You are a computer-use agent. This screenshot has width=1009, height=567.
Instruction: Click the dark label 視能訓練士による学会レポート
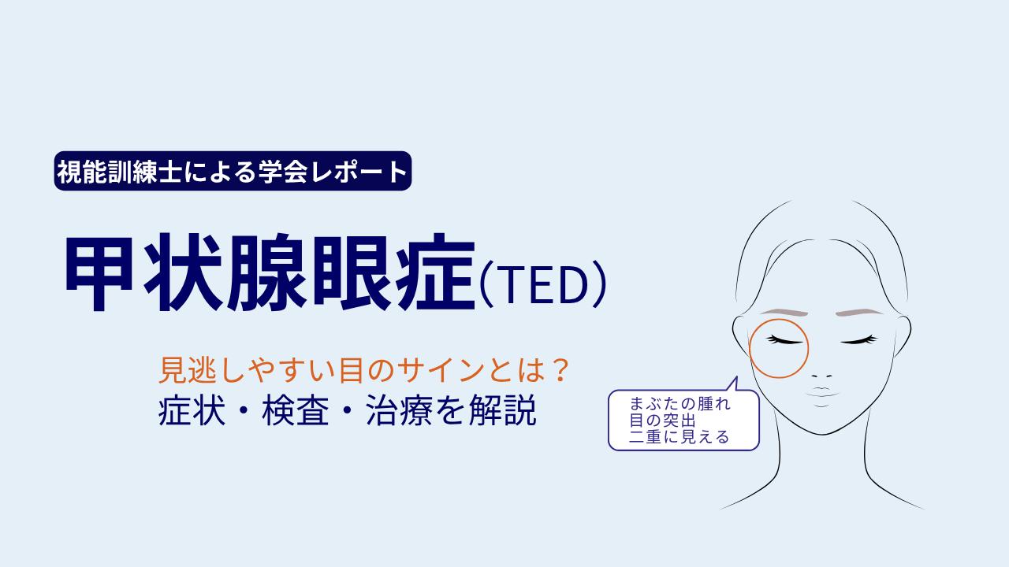[233, 171]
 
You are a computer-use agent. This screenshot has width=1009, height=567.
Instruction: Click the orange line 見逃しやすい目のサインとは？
[364, 370]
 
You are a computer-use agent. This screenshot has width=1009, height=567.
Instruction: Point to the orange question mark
[560, 370]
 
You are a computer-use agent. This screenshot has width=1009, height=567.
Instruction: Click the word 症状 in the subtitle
[192, 410]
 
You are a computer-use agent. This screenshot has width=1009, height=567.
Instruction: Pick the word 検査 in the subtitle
[296, 410]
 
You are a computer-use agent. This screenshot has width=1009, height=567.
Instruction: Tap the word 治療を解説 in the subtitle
[451, 410]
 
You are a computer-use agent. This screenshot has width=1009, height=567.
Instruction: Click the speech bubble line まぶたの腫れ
[679, 404]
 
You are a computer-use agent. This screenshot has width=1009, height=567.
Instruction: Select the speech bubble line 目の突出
[663, 421]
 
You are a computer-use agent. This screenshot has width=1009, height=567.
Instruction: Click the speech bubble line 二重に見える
[679, 436]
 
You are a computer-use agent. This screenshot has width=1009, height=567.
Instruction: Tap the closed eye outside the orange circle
[859, 340]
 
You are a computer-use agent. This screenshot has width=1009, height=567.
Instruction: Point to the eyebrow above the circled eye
[784, 313]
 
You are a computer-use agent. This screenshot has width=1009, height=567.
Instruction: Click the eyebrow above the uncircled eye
[859, 313]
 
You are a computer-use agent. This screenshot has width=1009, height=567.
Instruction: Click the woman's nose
[821, 376]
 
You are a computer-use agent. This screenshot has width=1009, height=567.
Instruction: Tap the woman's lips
[821, 392]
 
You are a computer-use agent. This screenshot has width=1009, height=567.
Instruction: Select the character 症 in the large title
[435, 272]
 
